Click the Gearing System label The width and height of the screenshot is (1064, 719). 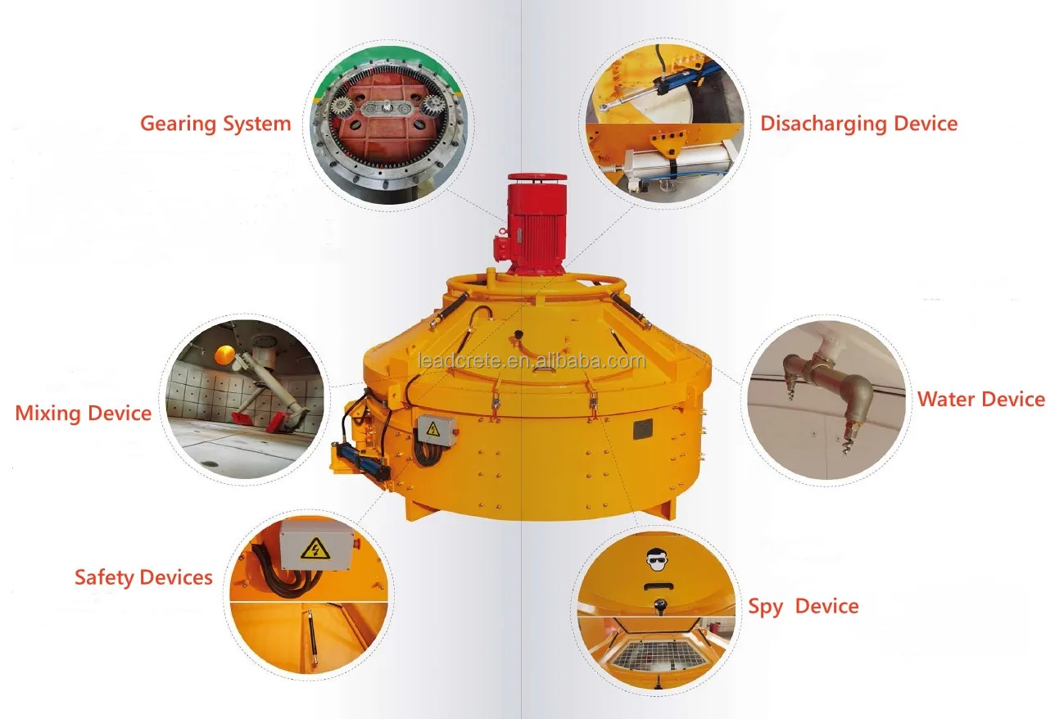(215, 124)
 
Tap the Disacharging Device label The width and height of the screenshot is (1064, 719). (858, 124)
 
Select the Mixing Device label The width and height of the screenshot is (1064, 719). (83, 413)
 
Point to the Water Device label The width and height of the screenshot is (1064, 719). (980, 400)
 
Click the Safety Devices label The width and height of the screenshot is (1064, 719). (143, 577)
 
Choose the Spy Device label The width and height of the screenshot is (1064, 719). (803, 607)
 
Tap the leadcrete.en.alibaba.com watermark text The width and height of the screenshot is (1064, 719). (532, 360)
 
